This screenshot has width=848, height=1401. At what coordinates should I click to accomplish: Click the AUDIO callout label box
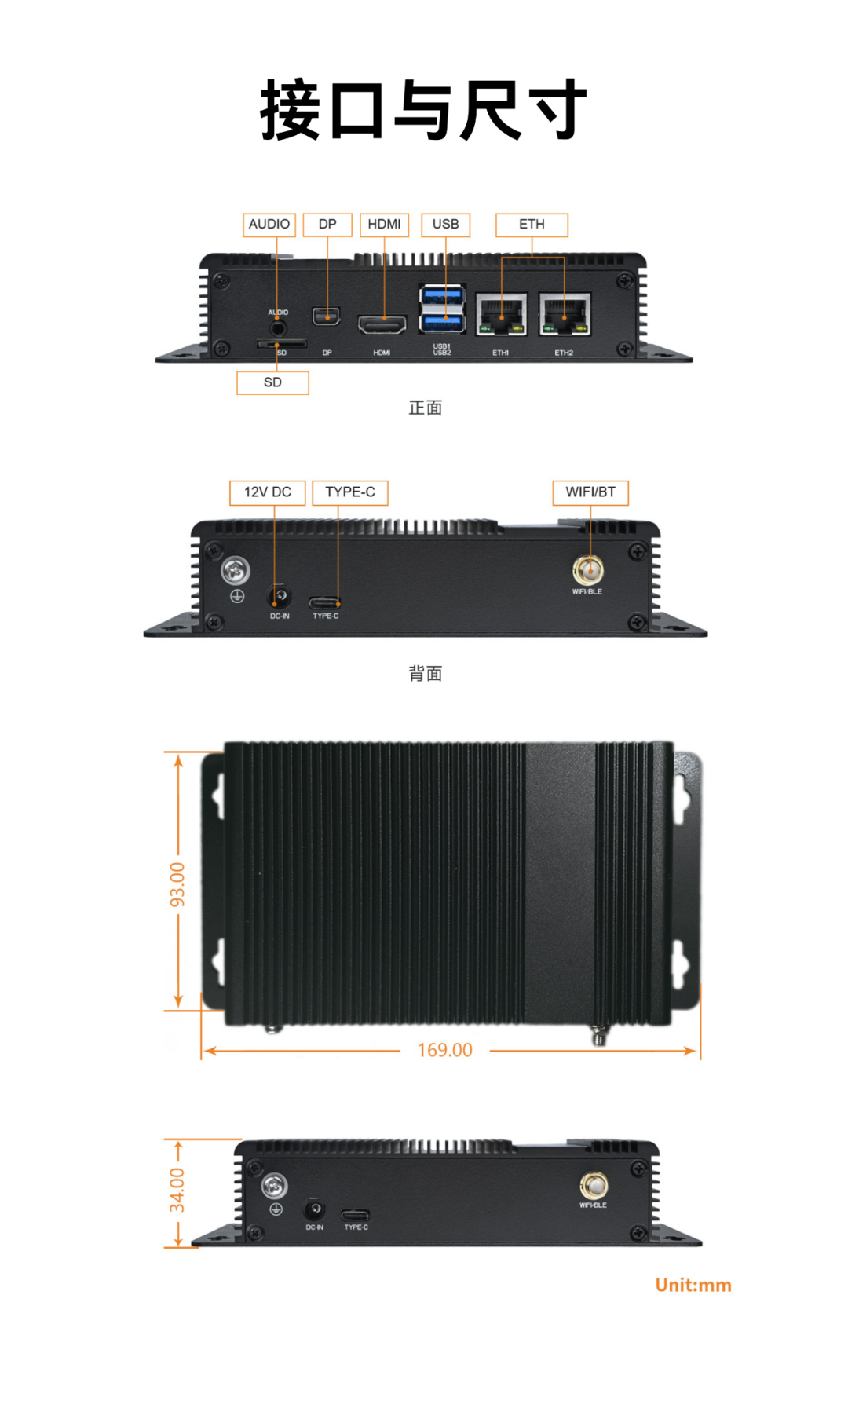point(269,225)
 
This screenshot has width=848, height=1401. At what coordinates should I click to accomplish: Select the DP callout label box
point(327,225)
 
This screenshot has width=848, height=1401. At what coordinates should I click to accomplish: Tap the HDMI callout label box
point(384,225)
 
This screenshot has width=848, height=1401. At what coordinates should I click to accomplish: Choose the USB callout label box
point(445,225)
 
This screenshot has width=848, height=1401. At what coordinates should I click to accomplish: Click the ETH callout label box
point(532,225)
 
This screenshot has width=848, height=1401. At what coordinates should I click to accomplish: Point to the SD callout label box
point(272,382)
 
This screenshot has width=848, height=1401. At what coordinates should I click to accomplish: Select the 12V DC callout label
point(268,492)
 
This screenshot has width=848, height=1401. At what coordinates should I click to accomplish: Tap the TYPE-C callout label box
point(350,492)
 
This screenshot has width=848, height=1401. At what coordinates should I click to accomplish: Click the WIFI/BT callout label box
point(590,492)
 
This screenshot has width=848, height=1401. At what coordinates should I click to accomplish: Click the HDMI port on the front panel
point(382,324)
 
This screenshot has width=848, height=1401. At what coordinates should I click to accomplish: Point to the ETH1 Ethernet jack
point(501,314)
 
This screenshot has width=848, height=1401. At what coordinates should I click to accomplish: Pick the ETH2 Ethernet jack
point(565,314)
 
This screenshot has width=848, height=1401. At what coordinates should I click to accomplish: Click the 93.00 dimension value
point(178,884)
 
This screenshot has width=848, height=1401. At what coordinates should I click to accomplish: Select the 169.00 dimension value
point(445,1050)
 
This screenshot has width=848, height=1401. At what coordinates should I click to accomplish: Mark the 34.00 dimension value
point(178,1190)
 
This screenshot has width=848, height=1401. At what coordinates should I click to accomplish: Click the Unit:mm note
point(693,1286)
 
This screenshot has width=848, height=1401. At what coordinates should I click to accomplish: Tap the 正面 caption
point(426,408)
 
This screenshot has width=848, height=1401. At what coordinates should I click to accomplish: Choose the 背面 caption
point(426,673)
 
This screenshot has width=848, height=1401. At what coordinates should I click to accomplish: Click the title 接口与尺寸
point(424,110)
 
